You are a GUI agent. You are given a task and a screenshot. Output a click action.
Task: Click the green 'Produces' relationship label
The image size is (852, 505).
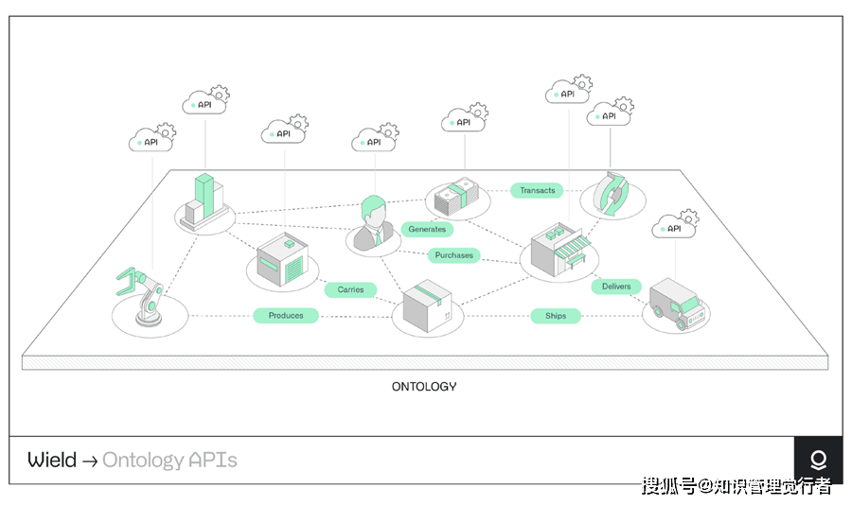click(x=285, y=315)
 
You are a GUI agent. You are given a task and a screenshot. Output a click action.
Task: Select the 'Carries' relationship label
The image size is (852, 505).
click(x=350, y=289)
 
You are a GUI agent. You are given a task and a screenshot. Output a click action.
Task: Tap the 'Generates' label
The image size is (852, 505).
click(x=427, y=229)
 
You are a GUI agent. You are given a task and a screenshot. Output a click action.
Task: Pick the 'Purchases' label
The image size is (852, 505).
click(x=454, y=255)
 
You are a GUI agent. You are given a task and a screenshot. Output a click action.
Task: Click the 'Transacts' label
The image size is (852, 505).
click(x=538, y=190)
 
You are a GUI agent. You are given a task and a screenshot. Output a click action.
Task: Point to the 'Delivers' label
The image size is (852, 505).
click(x=616, y=286)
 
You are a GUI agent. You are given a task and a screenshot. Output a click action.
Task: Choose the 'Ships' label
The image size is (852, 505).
click(x=555, y=315)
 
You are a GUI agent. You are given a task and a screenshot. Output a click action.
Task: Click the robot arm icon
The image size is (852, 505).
click(x=144, y=296)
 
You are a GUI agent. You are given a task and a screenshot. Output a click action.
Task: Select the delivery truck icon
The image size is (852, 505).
click(x=676, y=303)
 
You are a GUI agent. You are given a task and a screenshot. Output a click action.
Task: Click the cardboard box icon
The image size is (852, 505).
click(x=428, y=305)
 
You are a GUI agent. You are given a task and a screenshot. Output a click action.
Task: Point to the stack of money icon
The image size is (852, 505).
click(x=457, y=197)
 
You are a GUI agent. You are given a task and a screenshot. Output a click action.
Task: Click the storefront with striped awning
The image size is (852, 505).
click(x=561, y=250)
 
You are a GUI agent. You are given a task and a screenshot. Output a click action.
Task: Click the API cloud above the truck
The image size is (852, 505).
click(x=675, y=228)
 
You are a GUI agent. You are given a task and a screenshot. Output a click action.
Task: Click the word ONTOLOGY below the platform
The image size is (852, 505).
click(x=424, y=386)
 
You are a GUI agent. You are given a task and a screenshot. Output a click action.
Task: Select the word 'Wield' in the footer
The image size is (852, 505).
click(x=51, y=461)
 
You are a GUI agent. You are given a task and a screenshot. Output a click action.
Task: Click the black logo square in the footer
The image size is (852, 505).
click(x=818, y=461)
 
